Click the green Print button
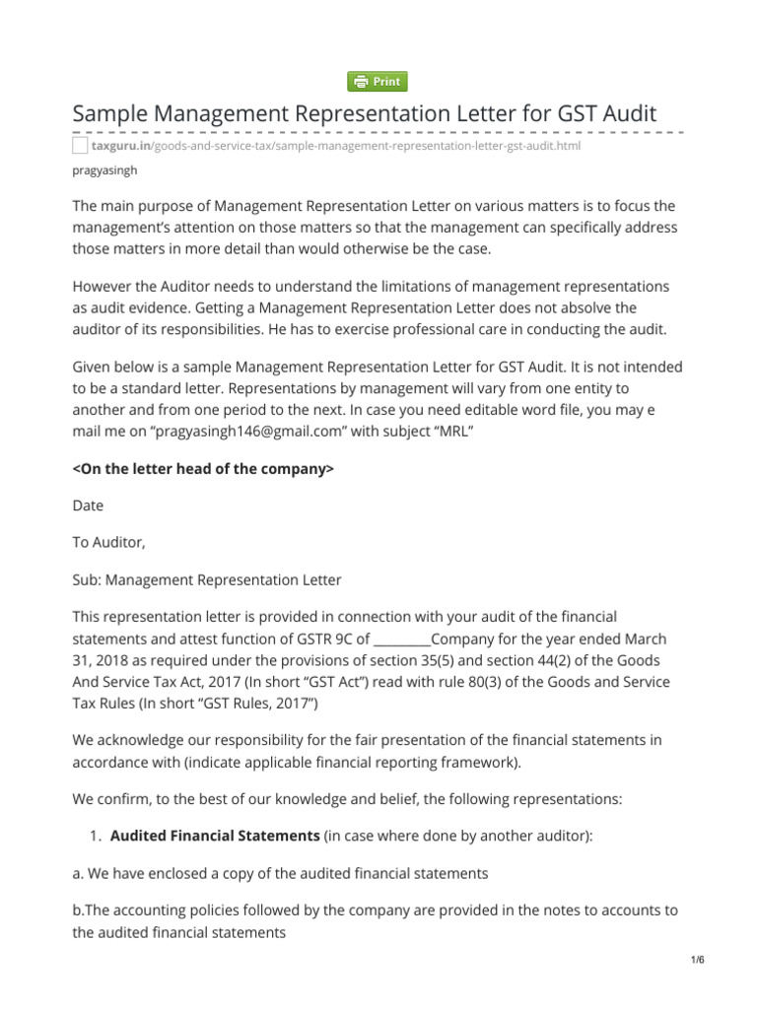[x=378, y=82]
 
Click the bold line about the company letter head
[x=204, y=469]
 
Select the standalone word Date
[x=88, y=505]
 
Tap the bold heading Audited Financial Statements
[x=214, y=836]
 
